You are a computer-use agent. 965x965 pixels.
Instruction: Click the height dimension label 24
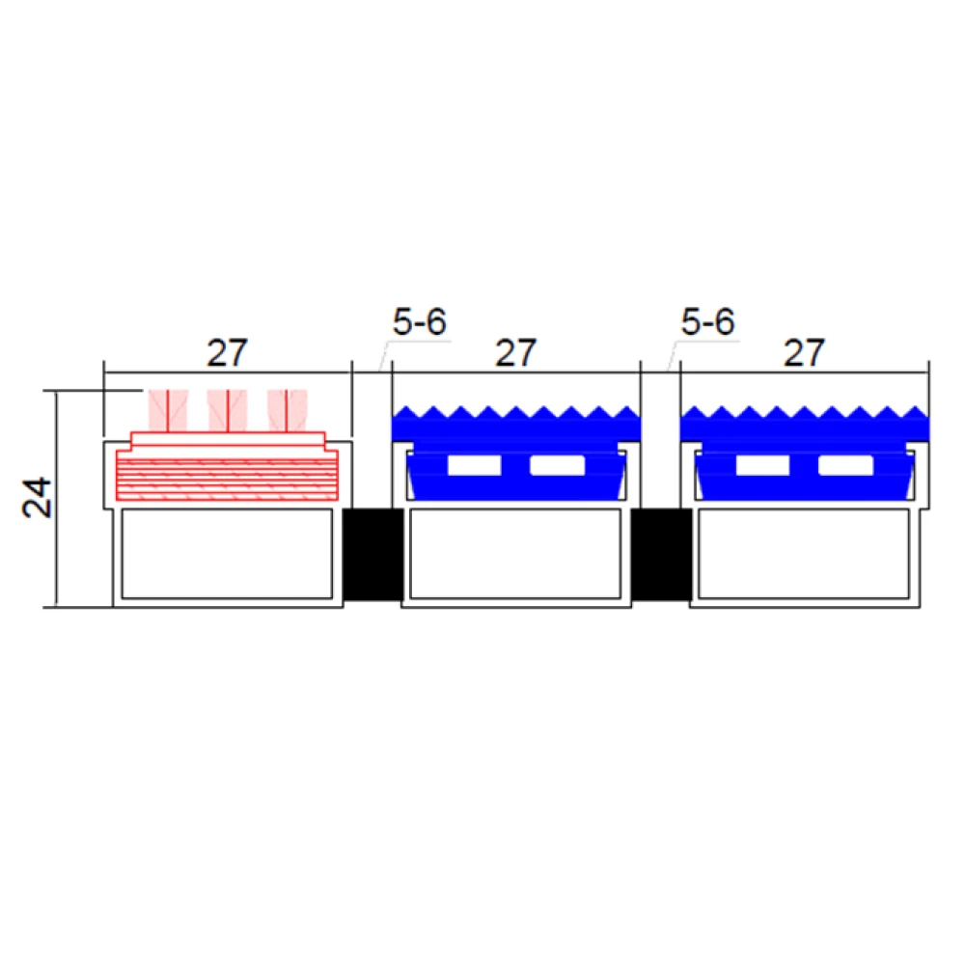[37, 497]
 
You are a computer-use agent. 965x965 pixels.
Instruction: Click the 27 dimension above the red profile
[227, 352]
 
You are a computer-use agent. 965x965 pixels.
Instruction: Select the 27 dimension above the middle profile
[515, 352]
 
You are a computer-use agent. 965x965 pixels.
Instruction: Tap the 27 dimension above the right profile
[804, 352]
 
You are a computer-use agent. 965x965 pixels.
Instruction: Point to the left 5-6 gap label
[419, 321]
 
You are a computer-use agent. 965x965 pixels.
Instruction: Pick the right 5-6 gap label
[707, 321]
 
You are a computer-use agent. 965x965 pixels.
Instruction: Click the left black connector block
[372, 555]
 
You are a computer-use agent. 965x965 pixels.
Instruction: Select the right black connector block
[662, 555]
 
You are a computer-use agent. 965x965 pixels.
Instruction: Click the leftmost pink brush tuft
[168, 410]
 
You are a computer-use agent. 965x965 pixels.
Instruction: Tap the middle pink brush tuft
[228, 410]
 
